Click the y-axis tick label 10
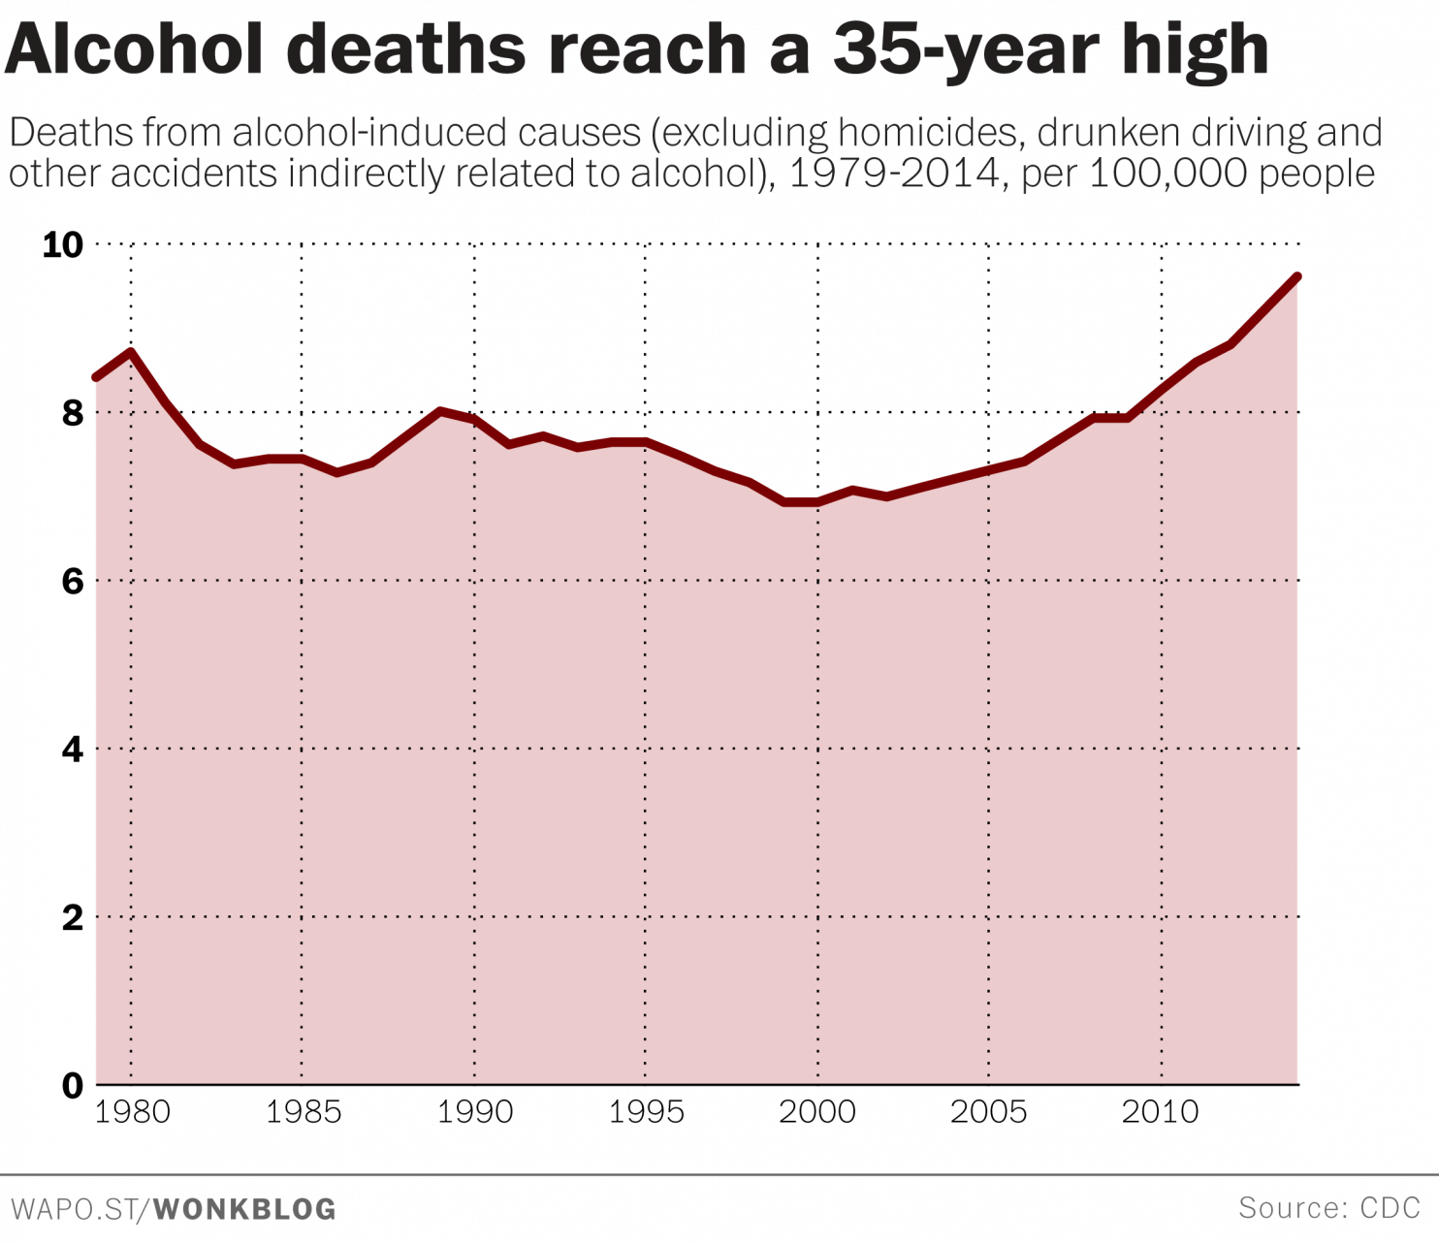click(x=63, y=245)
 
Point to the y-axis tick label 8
click(x=73, y=414)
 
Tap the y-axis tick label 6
click(x=73, y=582)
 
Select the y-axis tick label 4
click(x=73, y=750)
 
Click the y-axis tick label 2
click(x=73, y=917)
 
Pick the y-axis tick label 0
click(x=73, y=1086)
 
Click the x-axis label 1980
click(x=132, y=1112)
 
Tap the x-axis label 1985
click(x=304, y=1112)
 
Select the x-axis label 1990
click(x=475, y=1112)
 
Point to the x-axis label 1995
click(x=646, y=1112)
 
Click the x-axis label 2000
click(x=817, y=1112)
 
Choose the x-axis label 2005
click(x=988, y=1112)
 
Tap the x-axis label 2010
click(x=1160, y=1112)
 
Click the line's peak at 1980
click(x=131, y=351)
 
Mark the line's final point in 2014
click(x=1297, y=276)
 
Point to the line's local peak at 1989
click(x=440, y=411)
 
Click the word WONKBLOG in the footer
click(x=244, y=1210)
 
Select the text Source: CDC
click(x=1328, y=1208)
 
